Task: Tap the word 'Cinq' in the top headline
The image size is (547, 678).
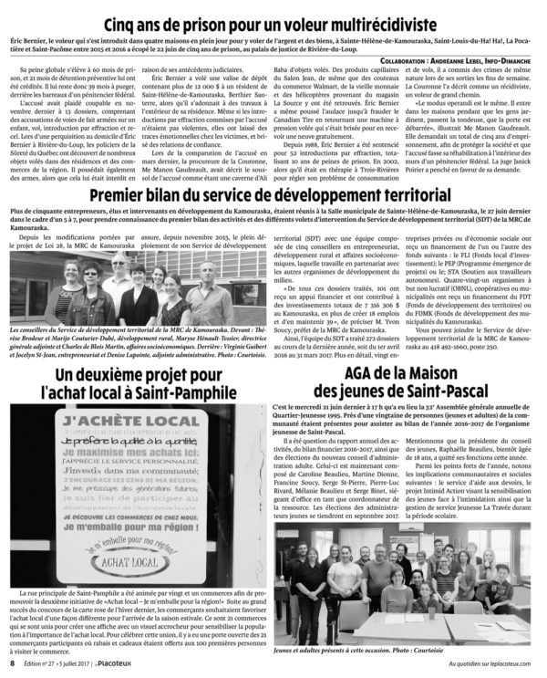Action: [125, 24]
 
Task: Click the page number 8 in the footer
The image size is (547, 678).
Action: [11, 667]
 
